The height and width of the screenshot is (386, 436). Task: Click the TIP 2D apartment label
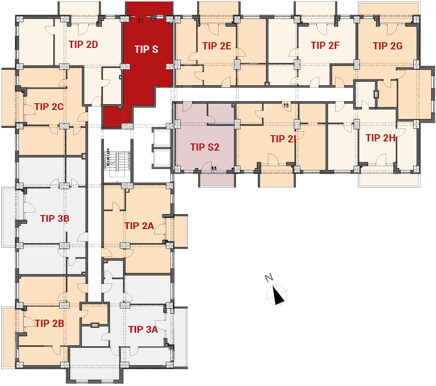83,45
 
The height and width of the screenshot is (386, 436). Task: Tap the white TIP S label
146,49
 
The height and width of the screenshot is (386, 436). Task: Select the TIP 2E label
217,46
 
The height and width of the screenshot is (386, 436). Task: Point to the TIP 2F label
325,46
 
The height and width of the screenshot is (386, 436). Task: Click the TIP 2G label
388,46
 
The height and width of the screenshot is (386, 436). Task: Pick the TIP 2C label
49,107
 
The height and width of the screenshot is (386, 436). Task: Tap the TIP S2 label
205,147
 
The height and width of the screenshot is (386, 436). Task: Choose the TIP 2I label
283,139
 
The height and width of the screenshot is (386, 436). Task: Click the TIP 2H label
380,138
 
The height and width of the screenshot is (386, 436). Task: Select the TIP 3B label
55,218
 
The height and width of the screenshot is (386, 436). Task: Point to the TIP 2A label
139,226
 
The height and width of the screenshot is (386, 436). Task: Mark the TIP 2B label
49,323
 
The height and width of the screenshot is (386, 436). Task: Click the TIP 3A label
143,329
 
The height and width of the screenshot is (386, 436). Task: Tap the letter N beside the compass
268,278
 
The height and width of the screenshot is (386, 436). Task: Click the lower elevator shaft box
161,158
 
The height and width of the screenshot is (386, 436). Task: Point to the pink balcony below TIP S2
217,179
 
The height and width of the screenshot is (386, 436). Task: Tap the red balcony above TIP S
149,9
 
